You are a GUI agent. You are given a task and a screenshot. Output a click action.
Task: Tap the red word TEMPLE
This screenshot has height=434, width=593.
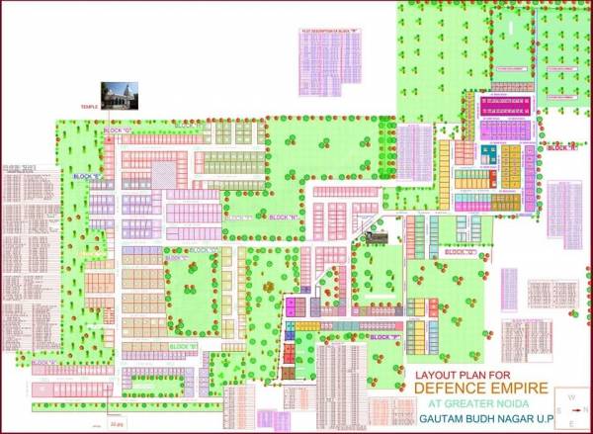(91, 103)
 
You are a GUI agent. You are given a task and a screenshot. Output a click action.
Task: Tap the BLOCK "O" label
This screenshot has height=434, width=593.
(461, 253)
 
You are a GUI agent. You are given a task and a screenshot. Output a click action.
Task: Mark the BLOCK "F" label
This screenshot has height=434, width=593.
(384, 337)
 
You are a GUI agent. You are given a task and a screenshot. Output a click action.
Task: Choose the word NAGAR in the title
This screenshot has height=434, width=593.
(519, 419)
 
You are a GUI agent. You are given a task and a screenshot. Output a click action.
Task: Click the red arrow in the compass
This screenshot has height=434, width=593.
(572, 407)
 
